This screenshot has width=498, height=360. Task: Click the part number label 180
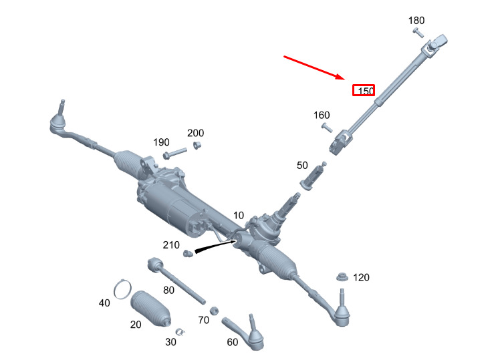click(416, 21)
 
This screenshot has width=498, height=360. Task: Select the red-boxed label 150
click(364, 90)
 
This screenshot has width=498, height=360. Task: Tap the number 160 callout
click(322, 115)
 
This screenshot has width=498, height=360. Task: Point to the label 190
click(161, 142)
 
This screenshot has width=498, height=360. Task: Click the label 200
click(196, 133)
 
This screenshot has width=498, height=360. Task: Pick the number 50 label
click(302, 166)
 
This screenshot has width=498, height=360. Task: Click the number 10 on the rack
click(239, 216)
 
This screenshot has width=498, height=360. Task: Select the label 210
click(171, 245)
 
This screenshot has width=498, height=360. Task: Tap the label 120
click(361, 277)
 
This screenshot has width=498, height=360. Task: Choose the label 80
click(168, 290)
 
